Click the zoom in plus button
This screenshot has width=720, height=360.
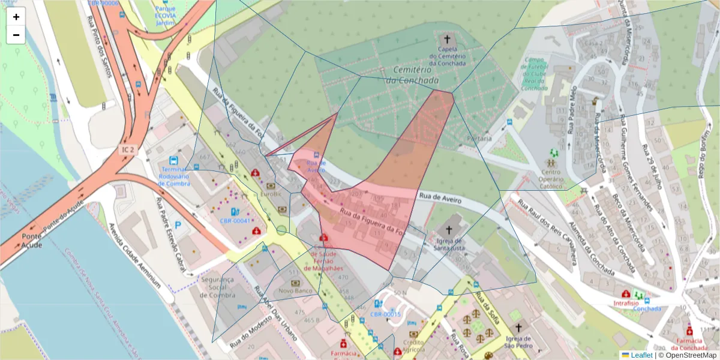coord(16,17)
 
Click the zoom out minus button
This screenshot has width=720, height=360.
coord(16,35)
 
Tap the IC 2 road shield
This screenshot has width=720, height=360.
coord(127,148)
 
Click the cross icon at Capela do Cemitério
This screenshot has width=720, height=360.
coord(447,39)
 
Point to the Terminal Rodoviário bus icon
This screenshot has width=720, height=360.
coord(173,160)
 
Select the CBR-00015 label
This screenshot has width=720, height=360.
coord(385,314)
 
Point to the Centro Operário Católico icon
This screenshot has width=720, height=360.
coord(550,163)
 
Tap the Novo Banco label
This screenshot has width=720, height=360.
coord(294,291)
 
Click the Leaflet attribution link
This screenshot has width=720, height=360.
coord(641,355)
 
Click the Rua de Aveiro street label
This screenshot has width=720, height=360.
coord(440,199)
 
